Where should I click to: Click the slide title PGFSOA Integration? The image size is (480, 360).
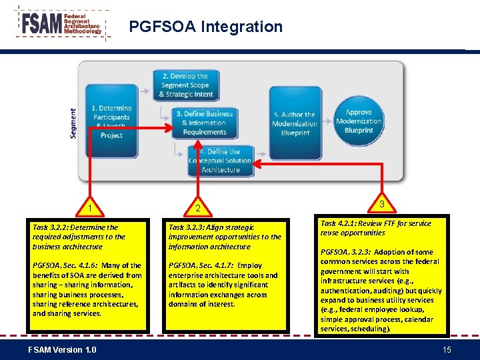click(205, 27)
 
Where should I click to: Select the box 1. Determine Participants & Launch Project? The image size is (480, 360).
click(111, 121)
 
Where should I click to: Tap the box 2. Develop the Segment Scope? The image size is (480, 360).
click(185, 85)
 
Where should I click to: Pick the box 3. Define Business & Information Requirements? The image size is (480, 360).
click(204, 123)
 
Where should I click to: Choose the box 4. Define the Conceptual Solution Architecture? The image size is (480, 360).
click(220, 161)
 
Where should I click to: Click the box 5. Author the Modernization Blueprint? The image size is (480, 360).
click(295, 123)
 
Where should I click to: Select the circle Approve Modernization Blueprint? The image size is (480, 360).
click(359, 121)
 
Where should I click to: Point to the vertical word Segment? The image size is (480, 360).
click(73, 123)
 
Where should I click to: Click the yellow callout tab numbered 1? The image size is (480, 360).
click(89, 209)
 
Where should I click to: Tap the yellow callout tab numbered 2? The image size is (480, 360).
click(198, 209)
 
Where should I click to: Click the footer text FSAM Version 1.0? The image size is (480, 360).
click(62, 350)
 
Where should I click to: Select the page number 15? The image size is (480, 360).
click(447, 350)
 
